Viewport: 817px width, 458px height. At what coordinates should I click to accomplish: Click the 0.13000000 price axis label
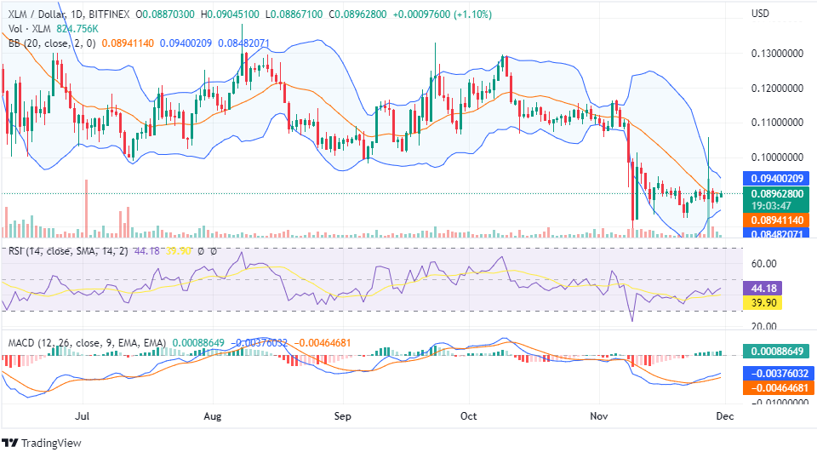777,54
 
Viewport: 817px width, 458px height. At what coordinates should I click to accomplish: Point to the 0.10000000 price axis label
777,157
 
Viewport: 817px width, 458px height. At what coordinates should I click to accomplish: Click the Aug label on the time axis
213,416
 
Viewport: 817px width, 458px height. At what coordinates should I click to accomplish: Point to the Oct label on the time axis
467,416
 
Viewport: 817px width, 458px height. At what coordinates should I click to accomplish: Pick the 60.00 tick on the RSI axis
764,263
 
